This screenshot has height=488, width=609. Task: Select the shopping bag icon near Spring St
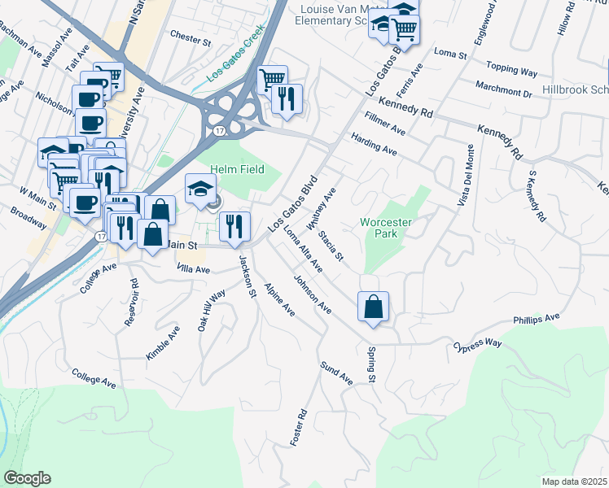coord(372,307)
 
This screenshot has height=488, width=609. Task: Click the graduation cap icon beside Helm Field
coord(201,190)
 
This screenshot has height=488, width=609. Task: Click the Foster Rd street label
coord(300,426)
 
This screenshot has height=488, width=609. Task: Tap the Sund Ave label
coord(336,373)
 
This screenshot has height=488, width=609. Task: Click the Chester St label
coord(191,35)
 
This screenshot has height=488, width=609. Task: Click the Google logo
coord(28,478)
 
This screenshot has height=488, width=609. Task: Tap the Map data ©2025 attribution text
coord(574,481)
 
